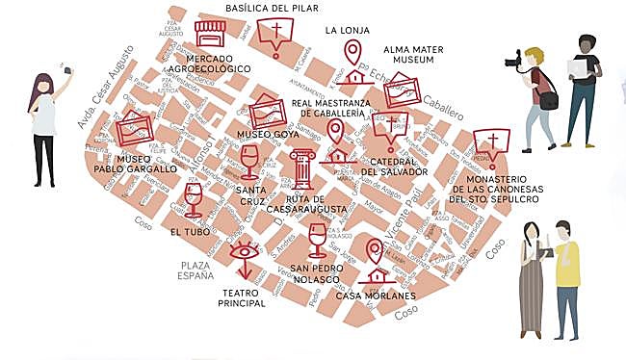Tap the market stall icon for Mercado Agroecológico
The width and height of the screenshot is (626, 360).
pyautogui.click(x=209, y=34)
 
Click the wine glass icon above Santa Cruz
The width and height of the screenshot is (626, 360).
pyautogui.click(x=249, y=161)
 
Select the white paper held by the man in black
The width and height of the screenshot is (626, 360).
pyautogui.click(x=579, y=66)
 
